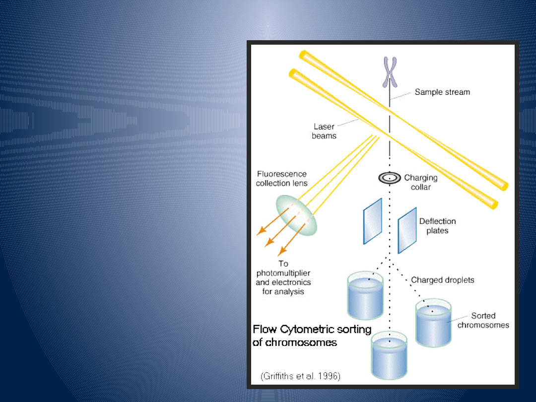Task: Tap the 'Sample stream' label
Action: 442,92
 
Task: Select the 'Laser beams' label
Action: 324,131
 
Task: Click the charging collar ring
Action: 390,177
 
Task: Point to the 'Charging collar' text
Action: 420,182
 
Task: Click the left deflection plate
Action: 372,221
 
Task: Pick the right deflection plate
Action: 407,230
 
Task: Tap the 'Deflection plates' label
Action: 437,226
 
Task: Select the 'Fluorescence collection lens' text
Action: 281,179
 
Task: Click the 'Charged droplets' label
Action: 442,280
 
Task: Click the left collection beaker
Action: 365,296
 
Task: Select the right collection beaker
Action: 433,324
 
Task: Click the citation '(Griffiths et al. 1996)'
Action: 300,376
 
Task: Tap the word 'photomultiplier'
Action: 283,273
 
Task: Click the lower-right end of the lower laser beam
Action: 493,203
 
